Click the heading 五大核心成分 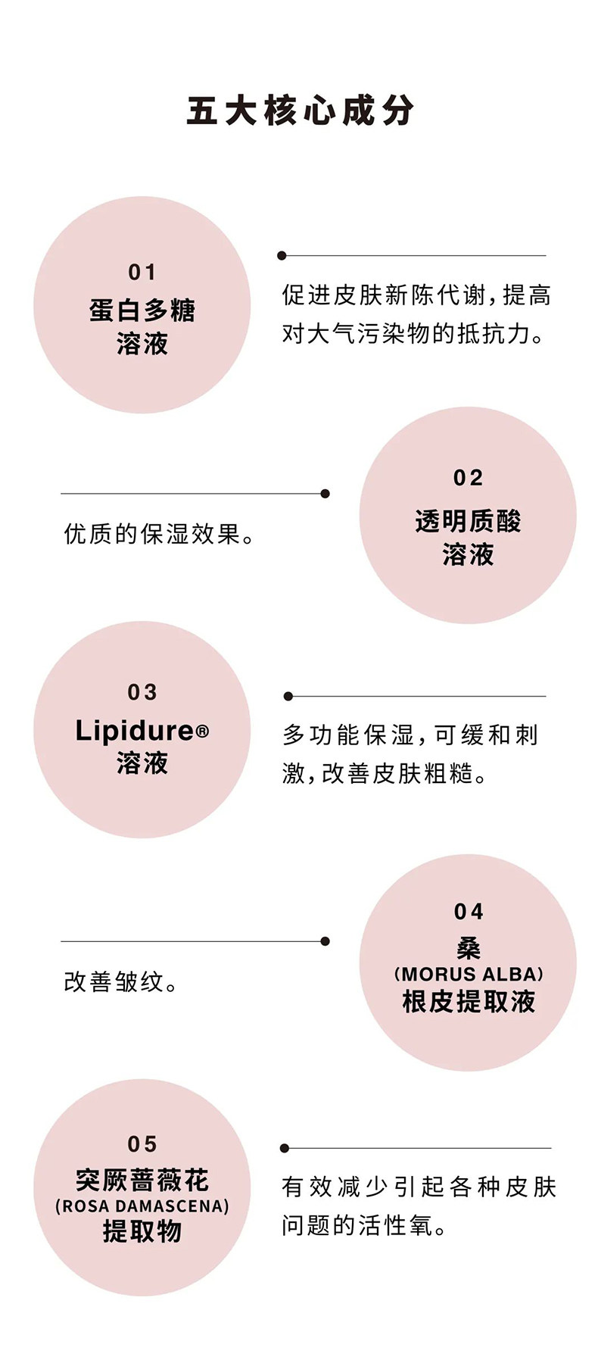click(300, 111)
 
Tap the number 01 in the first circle click(142, 272)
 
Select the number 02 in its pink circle click(468, 478)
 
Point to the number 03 click(142, 692)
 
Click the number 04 click(469, 912)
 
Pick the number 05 click(142, 1143)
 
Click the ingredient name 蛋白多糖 click(142, 310)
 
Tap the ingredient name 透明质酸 click(468, 521)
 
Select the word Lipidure click(135, 731)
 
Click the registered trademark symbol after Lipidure click(202, 732)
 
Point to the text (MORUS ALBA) click(469, 974)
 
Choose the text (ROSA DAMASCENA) click(142, 1206)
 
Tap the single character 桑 click(469, 947)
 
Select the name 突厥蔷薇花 click(142, 1180)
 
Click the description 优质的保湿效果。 click(160, 535)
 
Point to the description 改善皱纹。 click(121, 982)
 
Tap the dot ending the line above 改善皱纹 click(325, 941)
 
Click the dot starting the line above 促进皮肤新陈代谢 click(282, 256)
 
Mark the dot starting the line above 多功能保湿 click(288, 696)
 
